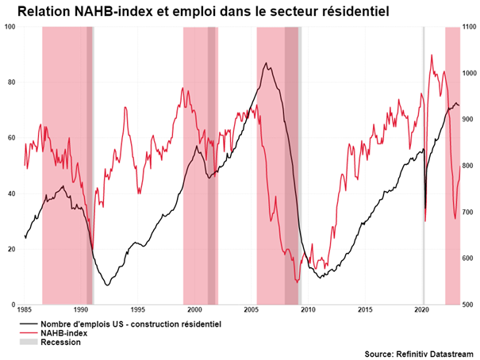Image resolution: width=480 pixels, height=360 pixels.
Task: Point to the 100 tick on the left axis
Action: click(x=10, y=27)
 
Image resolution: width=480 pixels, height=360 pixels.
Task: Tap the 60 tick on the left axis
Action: click(x=12, y=138)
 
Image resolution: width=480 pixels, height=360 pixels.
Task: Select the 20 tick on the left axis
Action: click(x=12, y=249)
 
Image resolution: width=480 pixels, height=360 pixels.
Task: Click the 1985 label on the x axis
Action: click(x=25, y=310)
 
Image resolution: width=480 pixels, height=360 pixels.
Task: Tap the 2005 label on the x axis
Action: click(x=252, y=310)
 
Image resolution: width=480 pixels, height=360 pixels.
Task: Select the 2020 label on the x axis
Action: click(x=421, y=310)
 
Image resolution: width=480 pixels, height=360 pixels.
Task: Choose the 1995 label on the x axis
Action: click(x=138, y=310)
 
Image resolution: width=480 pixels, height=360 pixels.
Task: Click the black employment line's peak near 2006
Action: click(x=266, y=63)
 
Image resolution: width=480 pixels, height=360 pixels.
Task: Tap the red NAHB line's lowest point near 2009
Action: click(x=297, y=281)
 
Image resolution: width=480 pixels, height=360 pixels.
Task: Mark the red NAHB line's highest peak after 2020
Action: click(x=432, y=55)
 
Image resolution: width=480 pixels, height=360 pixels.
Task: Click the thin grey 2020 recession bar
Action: click(x=423, y=159)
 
